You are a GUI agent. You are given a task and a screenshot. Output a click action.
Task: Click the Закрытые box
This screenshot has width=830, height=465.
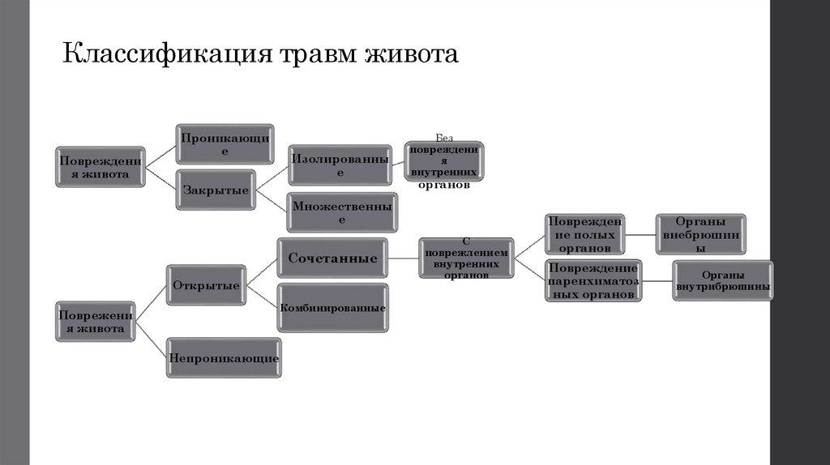coord(215,190)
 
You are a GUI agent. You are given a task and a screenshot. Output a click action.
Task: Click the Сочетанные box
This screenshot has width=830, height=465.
coord(333,258)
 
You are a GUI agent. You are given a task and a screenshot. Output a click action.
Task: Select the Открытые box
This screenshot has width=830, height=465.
coord(206,285)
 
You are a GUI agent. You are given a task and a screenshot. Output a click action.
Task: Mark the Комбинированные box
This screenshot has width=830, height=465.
coord(333,308)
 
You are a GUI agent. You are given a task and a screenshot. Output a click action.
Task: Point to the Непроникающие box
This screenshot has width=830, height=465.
coord(223,357)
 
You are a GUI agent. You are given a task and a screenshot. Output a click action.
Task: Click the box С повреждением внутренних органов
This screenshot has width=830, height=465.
coord(466,259)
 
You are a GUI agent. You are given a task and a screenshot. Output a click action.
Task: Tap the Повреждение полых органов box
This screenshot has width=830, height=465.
coord(584,235)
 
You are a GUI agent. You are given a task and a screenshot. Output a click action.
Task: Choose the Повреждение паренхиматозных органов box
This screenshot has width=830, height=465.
coord(594,280)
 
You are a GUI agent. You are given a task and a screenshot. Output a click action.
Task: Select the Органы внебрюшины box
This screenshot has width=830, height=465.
coord(701,235)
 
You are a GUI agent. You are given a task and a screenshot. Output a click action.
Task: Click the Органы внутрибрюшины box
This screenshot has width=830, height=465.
coord(723,280)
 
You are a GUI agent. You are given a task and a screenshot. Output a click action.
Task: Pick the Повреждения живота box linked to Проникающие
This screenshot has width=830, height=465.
coord(100,167)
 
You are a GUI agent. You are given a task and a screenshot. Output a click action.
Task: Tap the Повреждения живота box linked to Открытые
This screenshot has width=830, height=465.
coord(96,322)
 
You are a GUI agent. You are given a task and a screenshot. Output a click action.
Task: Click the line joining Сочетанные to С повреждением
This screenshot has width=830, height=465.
coord(403,258)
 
